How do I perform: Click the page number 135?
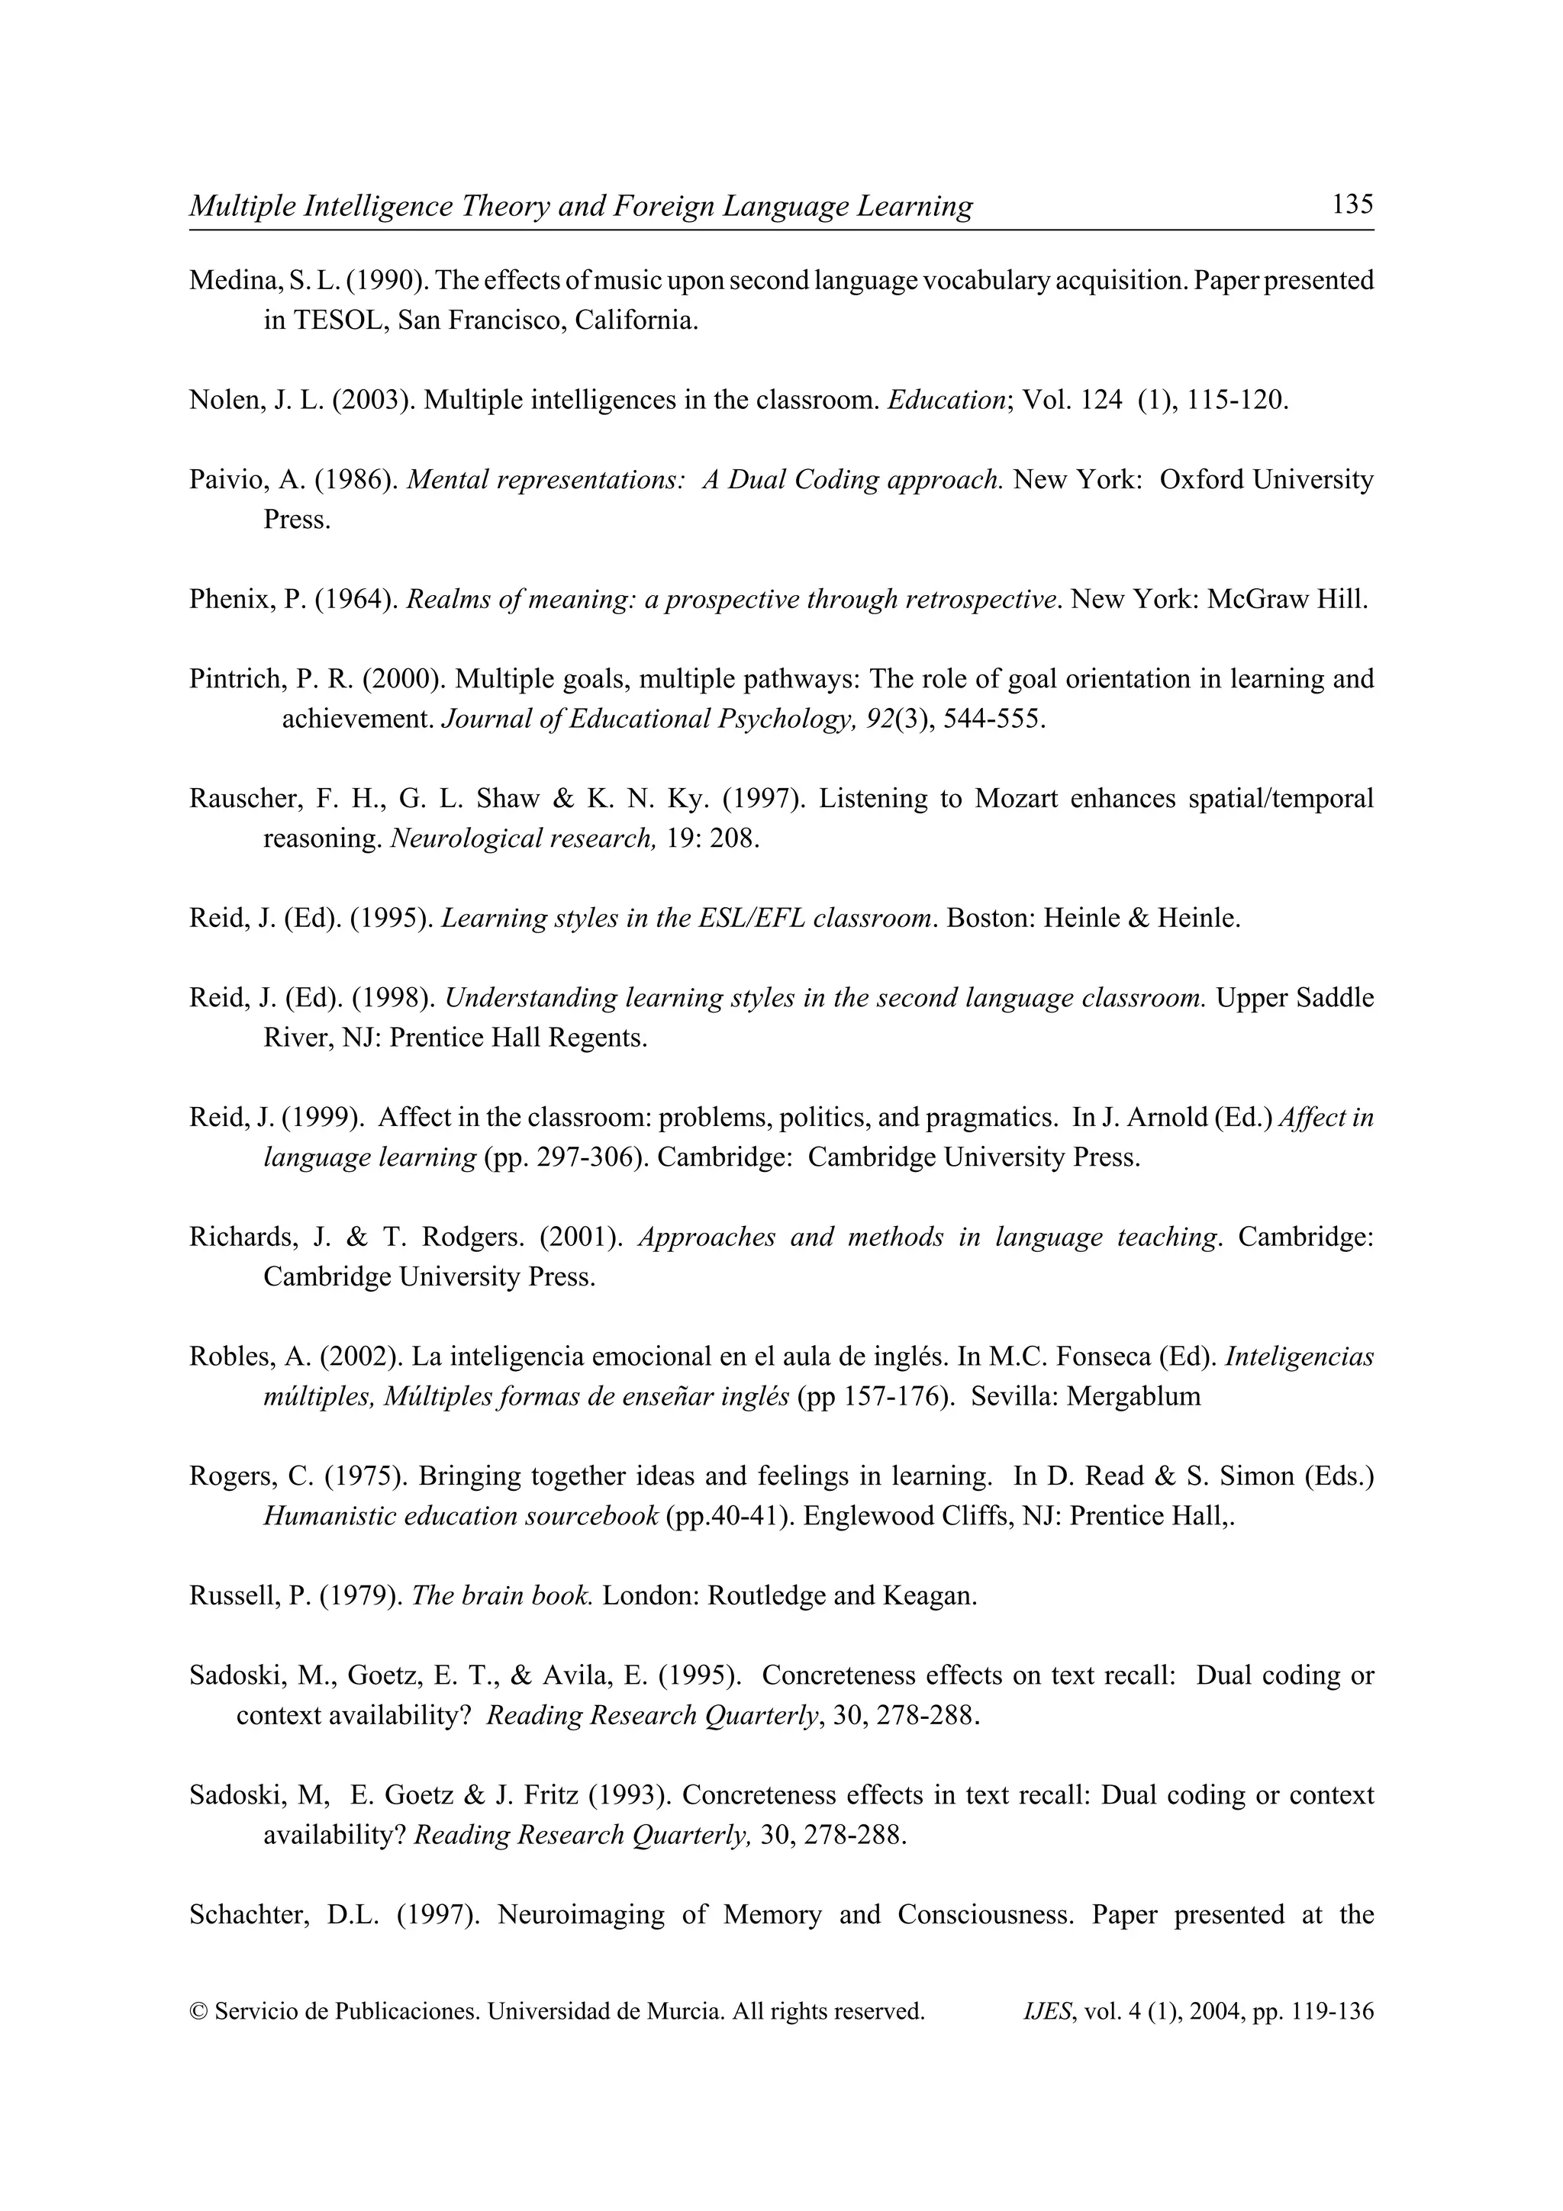click(1352, 204)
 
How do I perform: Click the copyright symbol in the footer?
click(198, 2010)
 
